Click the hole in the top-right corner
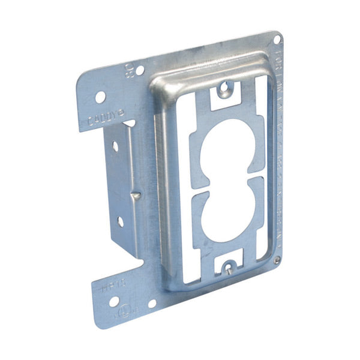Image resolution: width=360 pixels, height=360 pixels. point(277,39)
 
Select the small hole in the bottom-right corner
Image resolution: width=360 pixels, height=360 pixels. point(277,260)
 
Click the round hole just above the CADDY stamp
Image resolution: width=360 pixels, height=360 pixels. point(101,96)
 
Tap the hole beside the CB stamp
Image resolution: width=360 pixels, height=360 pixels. point(139,70)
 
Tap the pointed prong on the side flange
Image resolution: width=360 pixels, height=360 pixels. point(137,195)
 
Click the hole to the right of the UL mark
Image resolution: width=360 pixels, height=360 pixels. point(151,304)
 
